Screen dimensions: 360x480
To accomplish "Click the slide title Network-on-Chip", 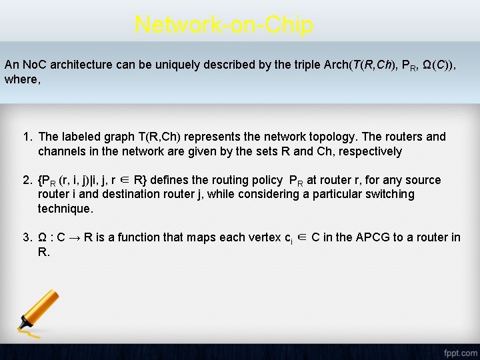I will coord(223,25).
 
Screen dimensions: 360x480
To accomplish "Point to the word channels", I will coord(61,151).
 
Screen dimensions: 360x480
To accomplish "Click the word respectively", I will coord(369,151).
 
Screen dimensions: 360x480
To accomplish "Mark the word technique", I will coord(65,209).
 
